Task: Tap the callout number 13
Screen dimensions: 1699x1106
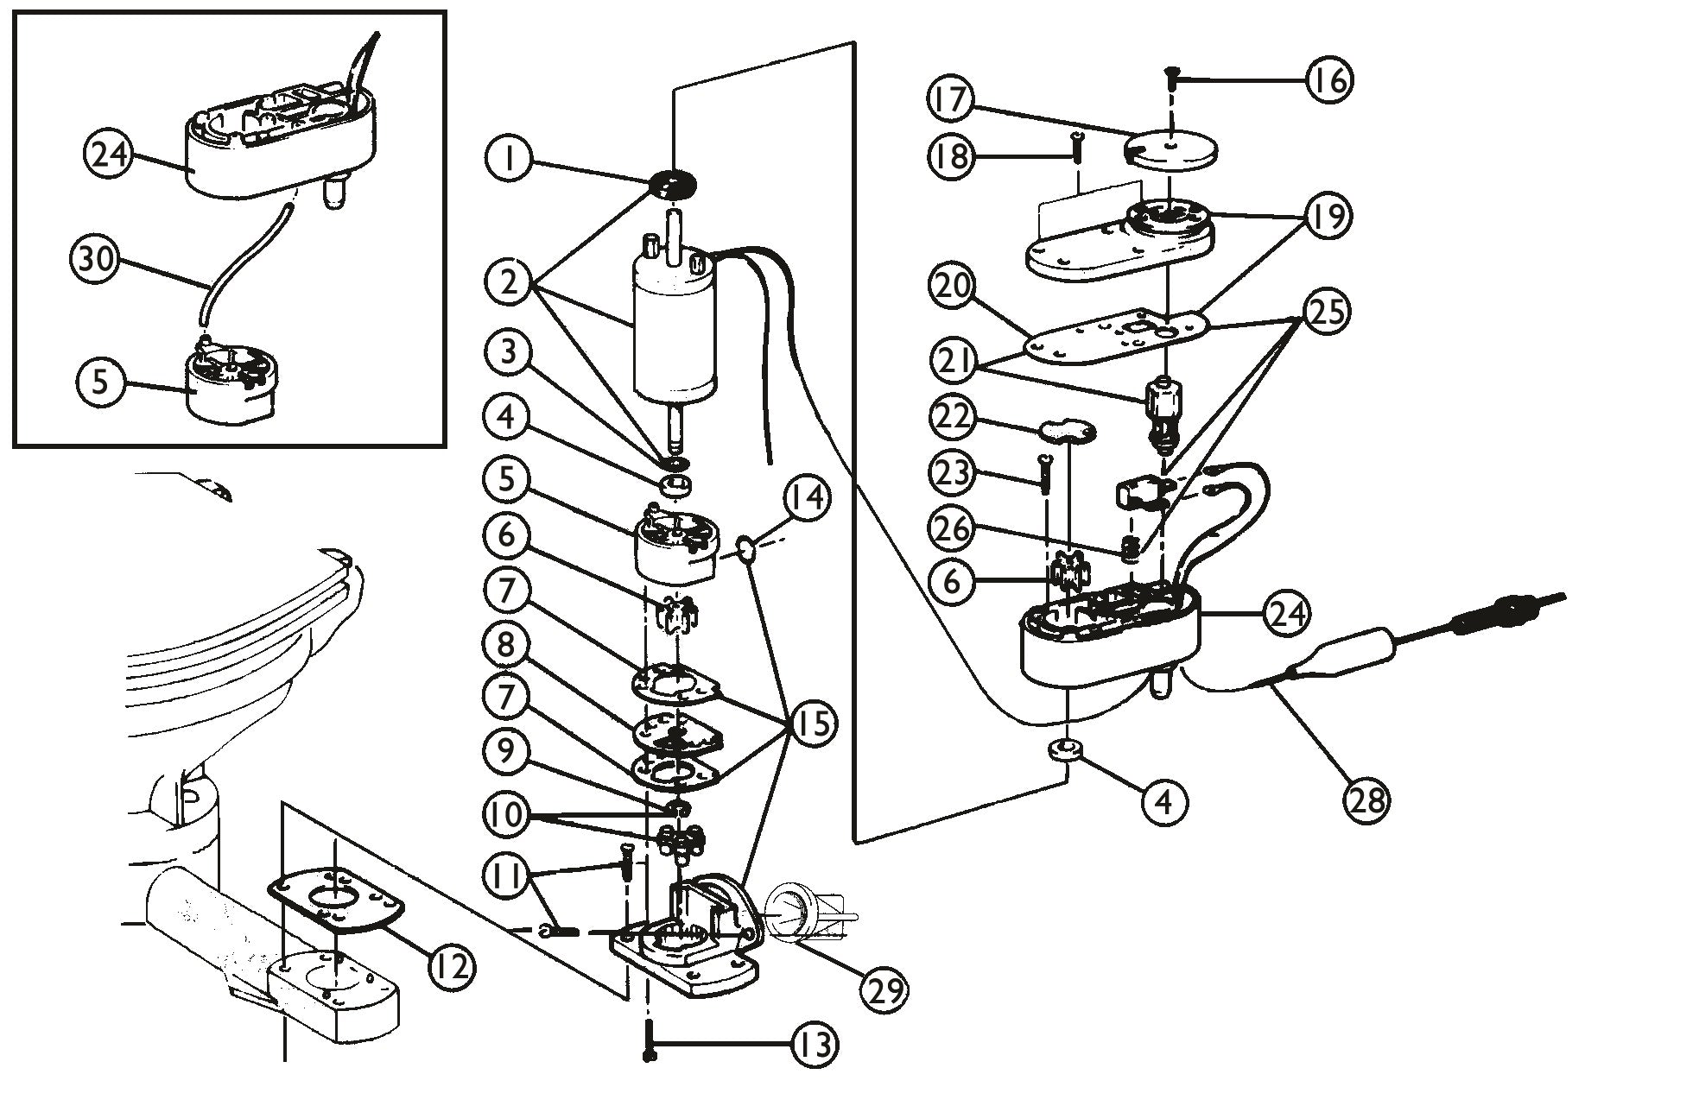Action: [815, 1046]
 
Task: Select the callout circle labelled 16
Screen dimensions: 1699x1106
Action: [1328, 79]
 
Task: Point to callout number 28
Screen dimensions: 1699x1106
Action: [1366, 799]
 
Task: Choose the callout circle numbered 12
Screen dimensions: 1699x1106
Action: [451, 965]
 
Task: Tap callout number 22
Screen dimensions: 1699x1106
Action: [953, 419]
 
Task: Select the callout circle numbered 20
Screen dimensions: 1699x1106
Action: [953, 287]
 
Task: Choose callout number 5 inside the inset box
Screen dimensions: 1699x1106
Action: [102, 381]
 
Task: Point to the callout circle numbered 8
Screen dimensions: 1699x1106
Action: [508, 643]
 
